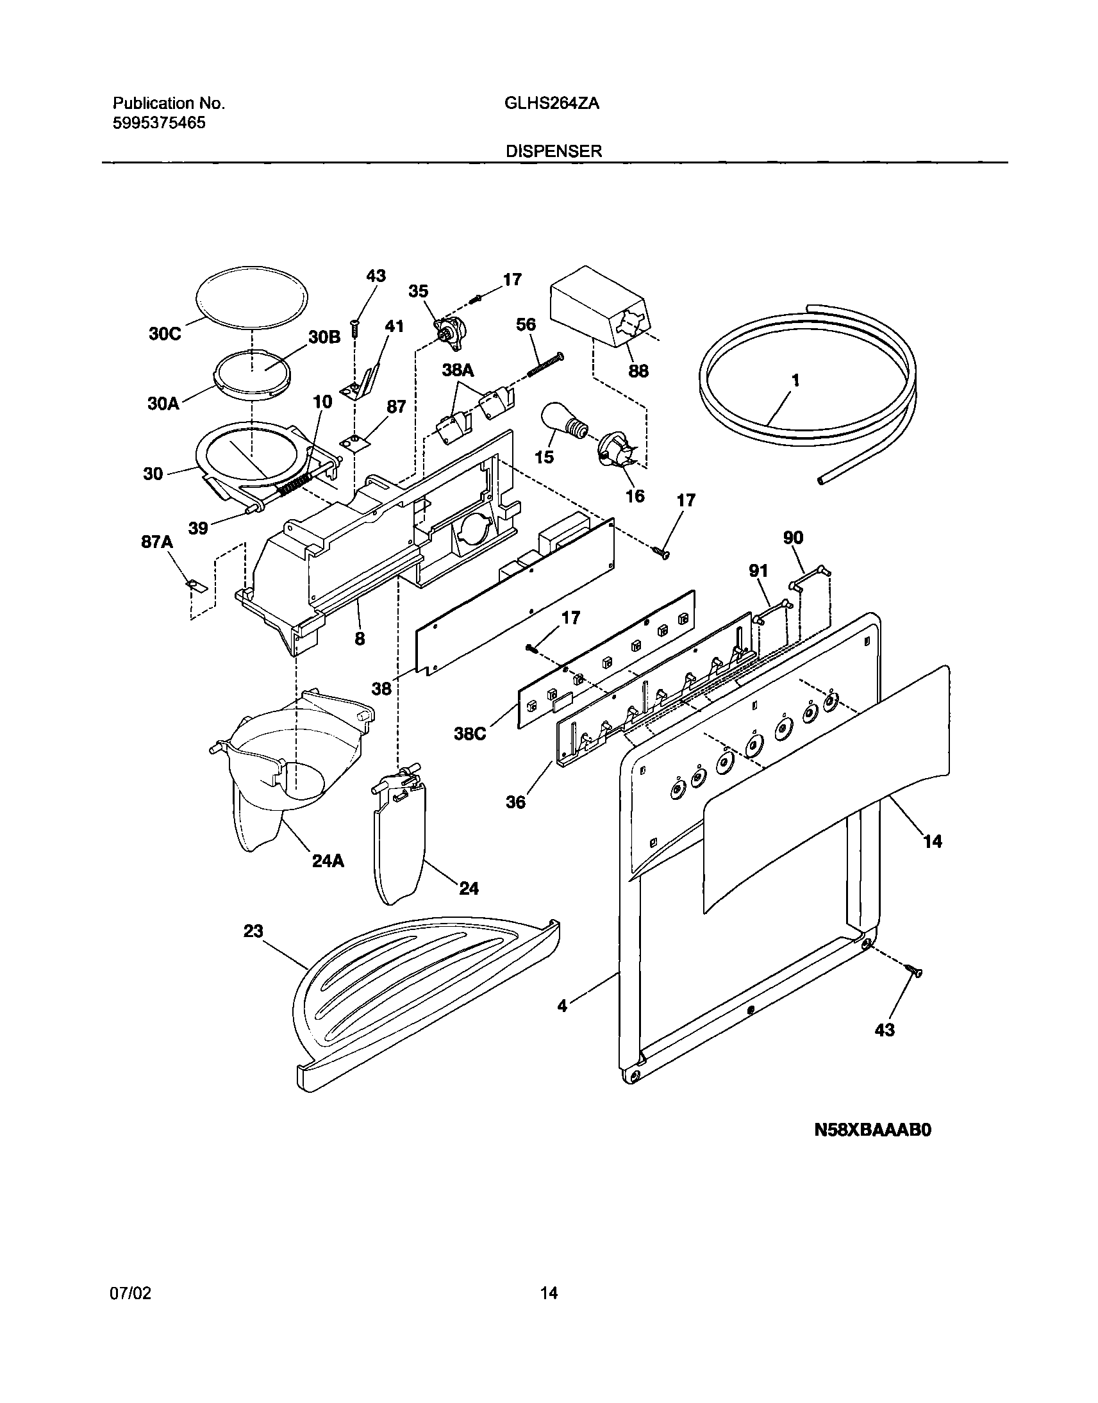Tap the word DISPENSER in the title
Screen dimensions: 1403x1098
[x=554, y=151]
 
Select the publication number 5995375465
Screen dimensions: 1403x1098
[x=160, y=123]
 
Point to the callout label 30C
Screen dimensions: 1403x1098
[x=165, y=334]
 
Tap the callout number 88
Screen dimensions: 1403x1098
[x=638, y=371]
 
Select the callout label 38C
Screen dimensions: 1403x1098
[x=470, y=733]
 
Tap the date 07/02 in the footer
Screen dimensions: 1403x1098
[x=132, y=1293]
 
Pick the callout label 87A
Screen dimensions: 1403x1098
[x=158, y=542]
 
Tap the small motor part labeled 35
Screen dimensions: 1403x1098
[x=449, y=332]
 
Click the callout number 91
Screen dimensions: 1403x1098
[x=758, y=570]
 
